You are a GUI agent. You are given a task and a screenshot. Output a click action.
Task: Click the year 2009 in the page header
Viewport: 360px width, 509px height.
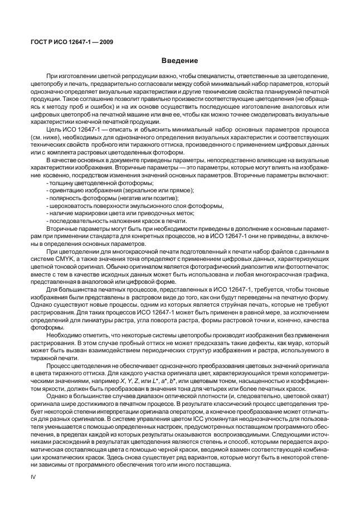(104, 42)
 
